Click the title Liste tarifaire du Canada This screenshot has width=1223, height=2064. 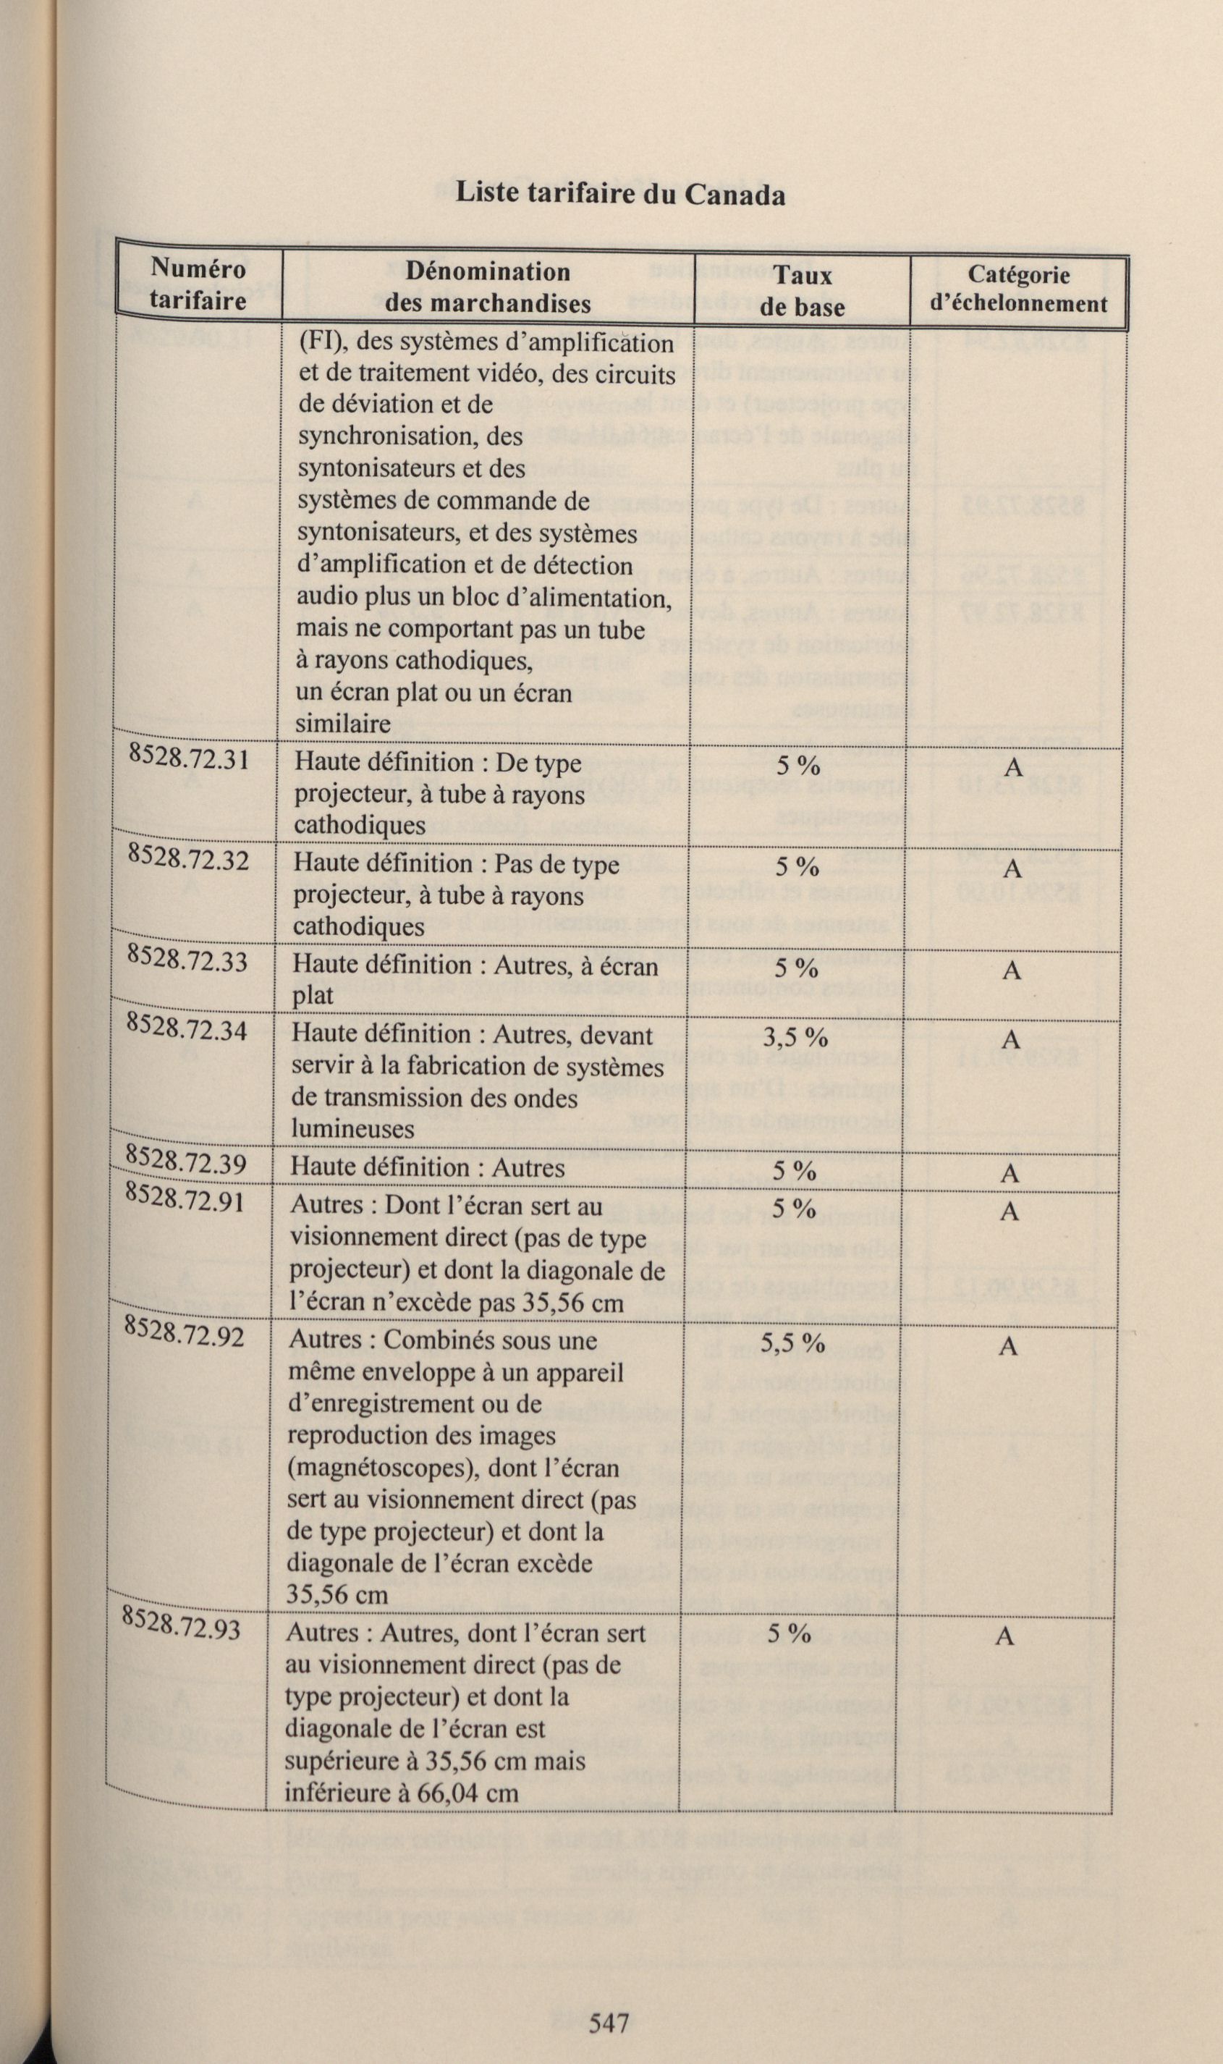click(x=619, y=195)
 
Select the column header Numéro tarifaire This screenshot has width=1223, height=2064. click(x=198, y=284)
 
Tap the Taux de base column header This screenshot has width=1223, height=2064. click(x=802, y=292)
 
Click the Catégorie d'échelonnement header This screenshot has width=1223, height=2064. click(x=1019, y=288)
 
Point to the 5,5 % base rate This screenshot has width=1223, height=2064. click(x=792, y=1342)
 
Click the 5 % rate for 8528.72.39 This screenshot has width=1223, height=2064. click(x=795, y=1171)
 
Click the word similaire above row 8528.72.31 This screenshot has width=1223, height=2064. click(x=344, y=724)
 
